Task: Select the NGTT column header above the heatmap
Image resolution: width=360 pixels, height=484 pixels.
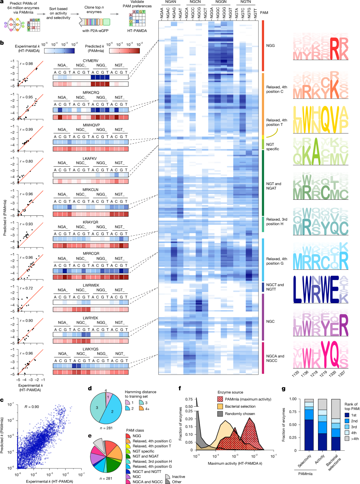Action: pyautogui.click(x=255, y=14)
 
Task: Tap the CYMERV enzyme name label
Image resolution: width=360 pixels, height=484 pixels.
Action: pyautogui.click(x=90, y=61)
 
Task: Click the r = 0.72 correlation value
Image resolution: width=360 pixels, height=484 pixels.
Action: pyautogui.click(x=26, y=288)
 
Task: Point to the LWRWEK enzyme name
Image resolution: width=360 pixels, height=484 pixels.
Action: pyautogui.click(x=91, y=285)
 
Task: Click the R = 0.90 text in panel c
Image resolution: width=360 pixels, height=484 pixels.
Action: pyautogui.click(x=32, y=407)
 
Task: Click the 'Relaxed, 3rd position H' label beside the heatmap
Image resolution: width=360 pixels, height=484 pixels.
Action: pyautogui.click(x=276, y=222)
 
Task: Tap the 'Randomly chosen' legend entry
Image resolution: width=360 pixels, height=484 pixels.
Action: pyautogui.click(x=240, y=414)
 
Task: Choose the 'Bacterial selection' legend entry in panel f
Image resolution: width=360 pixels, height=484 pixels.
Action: pyautogui.click(x=240, y=406)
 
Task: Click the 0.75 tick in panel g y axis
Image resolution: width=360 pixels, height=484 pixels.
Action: pyautogui.click(x=293, y=412)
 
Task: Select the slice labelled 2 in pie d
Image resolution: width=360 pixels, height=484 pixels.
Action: pyautogui.click(x=113, y=411)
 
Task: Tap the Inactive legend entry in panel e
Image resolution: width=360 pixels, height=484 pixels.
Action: pyautogui.click(x=178, y=477)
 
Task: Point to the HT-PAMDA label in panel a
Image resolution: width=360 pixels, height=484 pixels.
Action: pyautogui.click(x=137, y=31)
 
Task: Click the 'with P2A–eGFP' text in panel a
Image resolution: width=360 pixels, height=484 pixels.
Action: pyautogui.click(x=95, y=31)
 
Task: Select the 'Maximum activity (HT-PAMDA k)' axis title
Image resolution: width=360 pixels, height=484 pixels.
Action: pyautogui.click(x=235, y=463)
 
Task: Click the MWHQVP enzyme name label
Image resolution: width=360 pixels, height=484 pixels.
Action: pyautogui.click(x=91, y=125)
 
